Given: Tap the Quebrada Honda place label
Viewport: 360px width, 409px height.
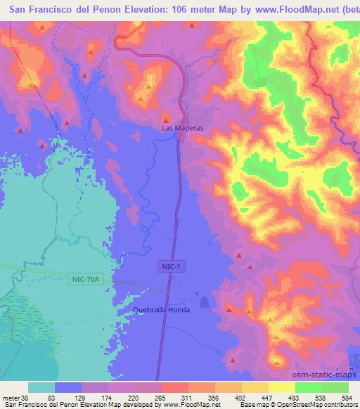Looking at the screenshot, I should coord(161,310).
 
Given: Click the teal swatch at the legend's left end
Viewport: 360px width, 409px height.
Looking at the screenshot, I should coord(41,387).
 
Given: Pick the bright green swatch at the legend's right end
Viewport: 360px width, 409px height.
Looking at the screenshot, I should coord(335,387).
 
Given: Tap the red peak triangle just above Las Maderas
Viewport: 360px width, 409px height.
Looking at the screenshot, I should coord(167,117).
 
